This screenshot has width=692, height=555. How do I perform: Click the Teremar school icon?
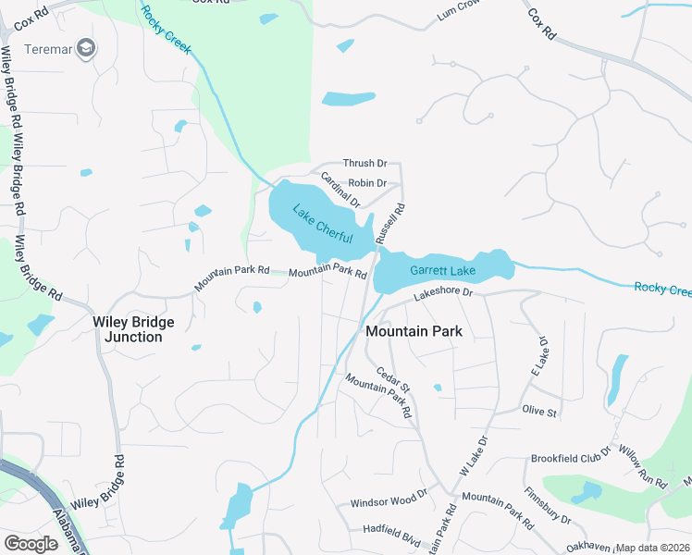point(87,48)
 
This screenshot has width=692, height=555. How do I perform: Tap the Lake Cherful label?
point(323,225)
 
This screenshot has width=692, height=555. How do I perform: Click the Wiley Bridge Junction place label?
point(133,329)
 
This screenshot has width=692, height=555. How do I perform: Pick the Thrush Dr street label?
point(365,163)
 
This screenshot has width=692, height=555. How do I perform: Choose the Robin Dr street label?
point(366,184)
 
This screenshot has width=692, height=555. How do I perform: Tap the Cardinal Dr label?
point(340,190)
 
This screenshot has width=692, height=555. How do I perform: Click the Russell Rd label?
point(391,225)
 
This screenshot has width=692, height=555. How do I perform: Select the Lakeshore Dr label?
point(443,293)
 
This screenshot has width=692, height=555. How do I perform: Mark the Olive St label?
point(539,411)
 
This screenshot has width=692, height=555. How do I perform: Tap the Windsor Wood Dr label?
point(389,504)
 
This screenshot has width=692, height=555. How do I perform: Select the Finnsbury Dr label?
point(547,506)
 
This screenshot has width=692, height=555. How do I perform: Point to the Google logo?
point(31,544)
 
